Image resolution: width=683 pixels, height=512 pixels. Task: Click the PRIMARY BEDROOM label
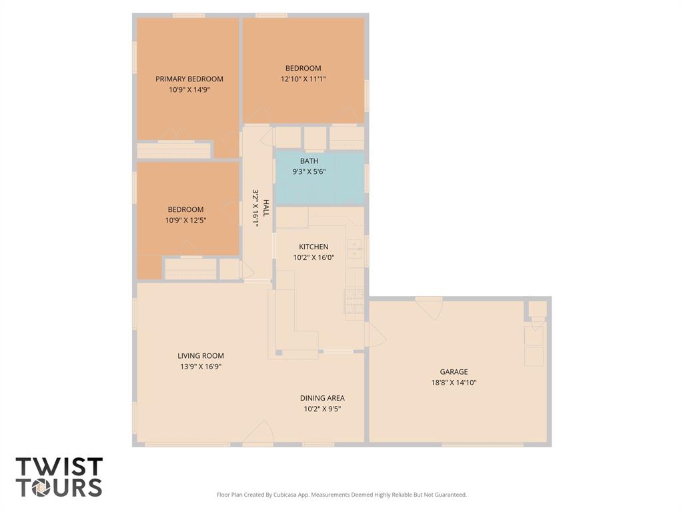189,79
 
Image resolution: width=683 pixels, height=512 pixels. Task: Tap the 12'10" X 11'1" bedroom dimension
303,79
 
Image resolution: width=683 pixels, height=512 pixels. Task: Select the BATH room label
309,161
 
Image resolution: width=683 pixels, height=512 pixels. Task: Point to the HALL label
265,208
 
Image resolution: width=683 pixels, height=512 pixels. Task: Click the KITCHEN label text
313,247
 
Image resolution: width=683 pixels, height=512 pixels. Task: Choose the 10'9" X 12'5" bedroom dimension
185,220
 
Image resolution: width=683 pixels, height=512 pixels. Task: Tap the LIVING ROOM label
201,356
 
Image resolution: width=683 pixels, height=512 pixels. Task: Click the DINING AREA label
322,398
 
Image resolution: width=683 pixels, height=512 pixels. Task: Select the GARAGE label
454,372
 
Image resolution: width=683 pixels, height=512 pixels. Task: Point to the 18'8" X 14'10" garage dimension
454,383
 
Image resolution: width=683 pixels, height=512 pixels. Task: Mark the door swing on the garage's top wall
430,308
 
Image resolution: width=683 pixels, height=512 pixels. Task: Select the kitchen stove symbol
354,301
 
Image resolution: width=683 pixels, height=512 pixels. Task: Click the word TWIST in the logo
59,467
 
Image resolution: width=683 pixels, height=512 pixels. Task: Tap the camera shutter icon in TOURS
41,487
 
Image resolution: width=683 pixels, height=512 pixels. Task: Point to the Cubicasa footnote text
341,495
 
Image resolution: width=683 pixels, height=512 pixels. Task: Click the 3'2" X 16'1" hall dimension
255,208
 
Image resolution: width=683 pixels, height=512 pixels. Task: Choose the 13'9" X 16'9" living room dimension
201,367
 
